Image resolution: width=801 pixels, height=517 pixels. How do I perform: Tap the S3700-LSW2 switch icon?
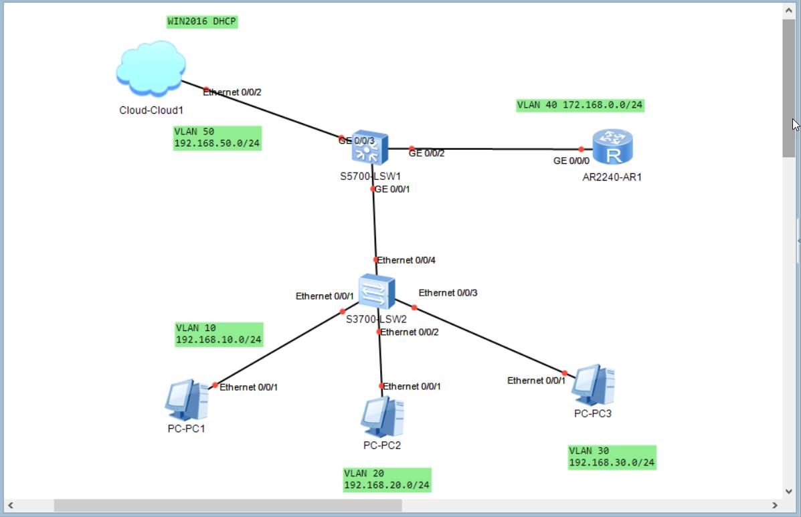pos(376,292)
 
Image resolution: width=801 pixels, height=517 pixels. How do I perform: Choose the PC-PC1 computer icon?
pos(187,399)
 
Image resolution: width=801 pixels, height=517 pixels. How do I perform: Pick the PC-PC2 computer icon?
pos(382,417)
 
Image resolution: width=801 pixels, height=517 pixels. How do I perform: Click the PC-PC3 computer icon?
pos(593,385)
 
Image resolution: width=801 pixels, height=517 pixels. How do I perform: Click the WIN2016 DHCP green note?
pos(202,21)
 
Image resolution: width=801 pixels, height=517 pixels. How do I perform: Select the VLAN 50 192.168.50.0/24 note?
pos(217,138)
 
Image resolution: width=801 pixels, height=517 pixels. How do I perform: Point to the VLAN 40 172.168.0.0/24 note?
pos(580,105)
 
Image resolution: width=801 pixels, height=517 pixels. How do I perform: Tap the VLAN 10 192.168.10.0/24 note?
pos(219,334)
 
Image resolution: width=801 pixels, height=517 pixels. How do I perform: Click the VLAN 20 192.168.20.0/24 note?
pos(387,480)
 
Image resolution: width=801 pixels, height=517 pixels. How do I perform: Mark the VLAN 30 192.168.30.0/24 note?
pos(612,457)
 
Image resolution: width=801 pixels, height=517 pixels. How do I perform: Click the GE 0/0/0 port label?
pos(571,161)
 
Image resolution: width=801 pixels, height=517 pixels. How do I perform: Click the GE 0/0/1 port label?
pos(393,189)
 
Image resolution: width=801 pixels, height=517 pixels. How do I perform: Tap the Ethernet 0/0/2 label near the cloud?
pos(232,92)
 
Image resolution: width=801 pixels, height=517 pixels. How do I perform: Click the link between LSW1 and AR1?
pos(495,149)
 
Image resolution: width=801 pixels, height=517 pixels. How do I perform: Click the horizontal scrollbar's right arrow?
pos(775,506)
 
